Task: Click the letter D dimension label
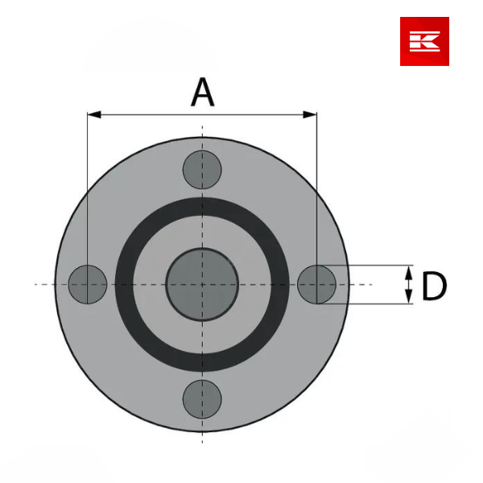click(x=434, y=286)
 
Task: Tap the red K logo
click(x=424, y=41)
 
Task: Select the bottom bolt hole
click(x=202, y=398)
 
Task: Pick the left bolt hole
click(x=87, y=284)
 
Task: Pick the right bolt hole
click(x=317, y=284)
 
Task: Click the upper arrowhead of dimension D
click(x=409, y=271)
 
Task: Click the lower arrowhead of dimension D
click(x=409, y=298)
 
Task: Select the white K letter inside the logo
click(x=424, y=41)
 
